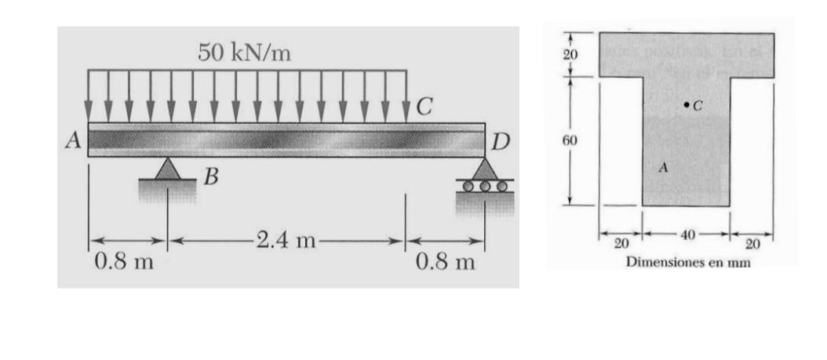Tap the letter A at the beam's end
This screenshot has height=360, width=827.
coord(75,141)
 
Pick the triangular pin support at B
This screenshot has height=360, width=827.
coord(167,169)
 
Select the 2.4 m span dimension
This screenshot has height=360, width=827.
coord(285,240)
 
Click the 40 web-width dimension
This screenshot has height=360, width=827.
coord(687,235)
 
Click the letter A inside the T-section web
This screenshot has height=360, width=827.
coord(664,167)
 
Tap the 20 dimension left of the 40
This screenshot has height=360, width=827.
coord(621,242)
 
